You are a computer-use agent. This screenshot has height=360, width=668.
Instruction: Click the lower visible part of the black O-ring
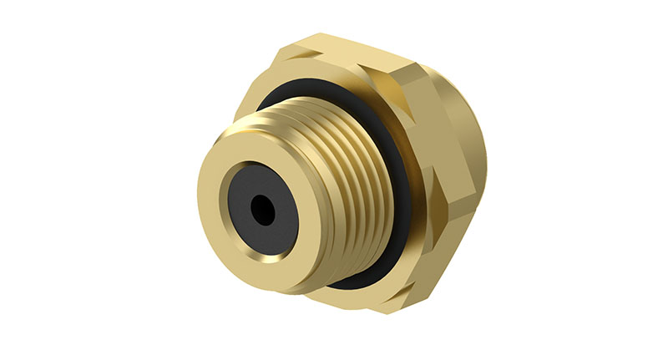point(351,281)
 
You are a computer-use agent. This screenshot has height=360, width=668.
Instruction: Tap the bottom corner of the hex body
point(376,309)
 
